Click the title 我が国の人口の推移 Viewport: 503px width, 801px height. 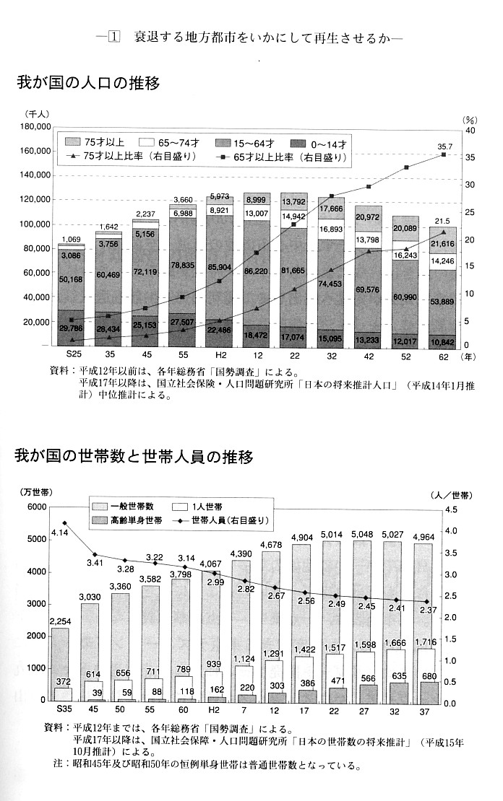tap(87, 83)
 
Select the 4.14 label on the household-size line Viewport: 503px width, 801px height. tap(59, 533)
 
